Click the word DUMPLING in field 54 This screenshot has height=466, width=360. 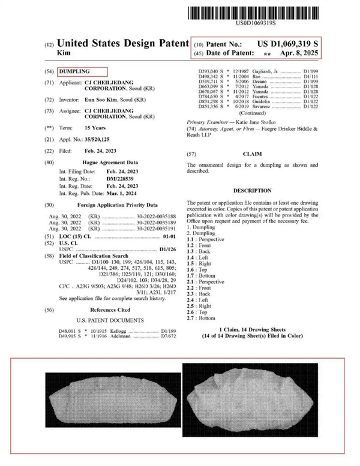point(75,71)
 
